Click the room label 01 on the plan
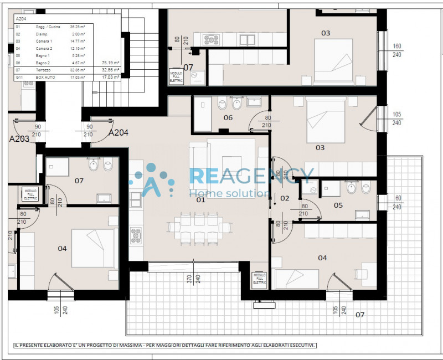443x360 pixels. point(200,199)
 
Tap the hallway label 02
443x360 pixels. point(285,198)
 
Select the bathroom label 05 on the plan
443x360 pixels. point(338,205)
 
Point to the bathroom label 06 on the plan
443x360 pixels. point(228,117)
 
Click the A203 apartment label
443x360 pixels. point(19,138)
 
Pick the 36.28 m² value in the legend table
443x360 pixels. point(77,27)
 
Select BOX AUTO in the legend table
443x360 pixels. point(46,78)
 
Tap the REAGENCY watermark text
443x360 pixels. point(252,176)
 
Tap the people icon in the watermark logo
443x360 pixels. point(151,180)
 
